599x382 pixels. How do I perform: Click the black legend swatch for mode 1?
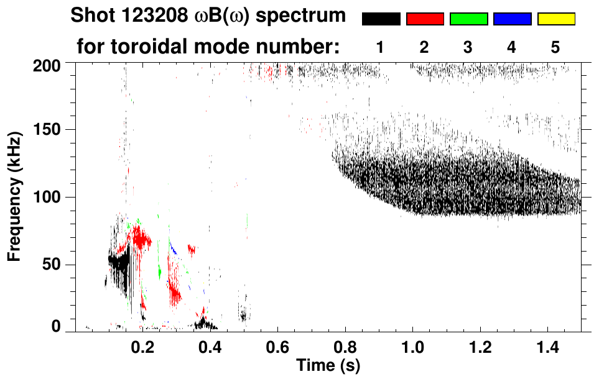point(381,19)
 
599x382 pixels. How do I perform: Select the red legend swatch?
point(425,19)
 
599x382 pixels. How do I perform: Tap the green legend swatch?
point(468,19)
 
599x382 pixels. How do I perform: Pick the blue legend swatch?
point(512,19)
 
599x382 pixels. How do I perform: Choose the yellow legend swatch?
point(556,19)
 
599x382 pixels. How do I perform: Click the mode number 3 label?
point(468,47)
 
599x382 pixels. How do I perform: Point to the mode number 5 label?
point(555,47)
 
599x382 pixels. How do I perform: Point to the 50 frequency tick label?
point(52,265)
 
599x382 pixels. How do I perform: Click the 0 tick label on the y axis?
point(57,327)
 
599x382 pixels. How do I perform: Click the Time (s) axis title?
point(327,365)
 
